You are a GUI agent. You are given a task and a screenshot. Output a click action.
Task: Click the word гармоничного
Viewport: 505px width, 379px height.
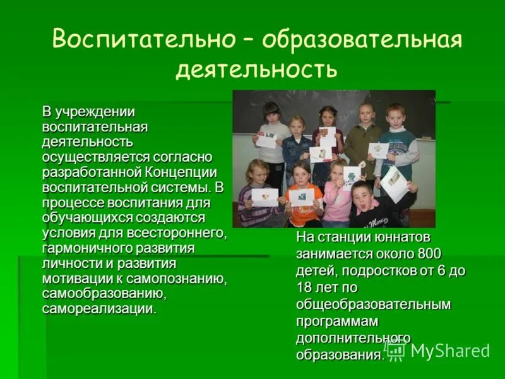pos(82,248)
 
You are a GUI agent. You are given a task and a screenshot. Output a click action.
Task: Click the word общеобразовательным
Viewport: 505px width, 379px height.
pos(374,304)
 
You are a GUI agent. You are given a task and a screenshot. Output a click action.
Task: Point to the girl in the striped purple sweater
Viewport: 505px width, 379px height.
pos(257,196)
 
